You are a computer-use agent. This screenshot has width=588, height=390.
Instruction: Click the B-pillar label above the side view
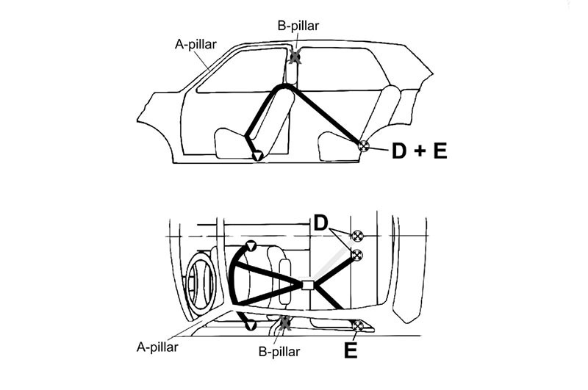point(298,26)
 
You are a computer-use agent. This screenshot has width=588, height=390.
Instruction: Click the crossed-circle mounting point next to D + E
point(362,145)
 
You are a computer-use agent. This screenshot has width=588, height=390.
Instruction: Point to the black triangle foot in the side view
point(257,156)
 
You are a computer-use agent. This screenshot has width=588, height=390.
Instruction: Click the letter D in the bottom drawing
point(320,222)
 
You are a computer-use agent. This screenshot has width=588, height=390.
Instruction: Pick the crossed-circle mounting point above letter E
point(358,325)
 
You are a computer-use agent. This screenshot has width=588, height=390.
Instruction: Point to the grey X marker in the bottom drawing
point(285,322)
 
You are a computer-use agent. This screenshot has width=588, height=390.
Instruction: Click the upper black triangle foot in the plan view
point(251,245)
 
